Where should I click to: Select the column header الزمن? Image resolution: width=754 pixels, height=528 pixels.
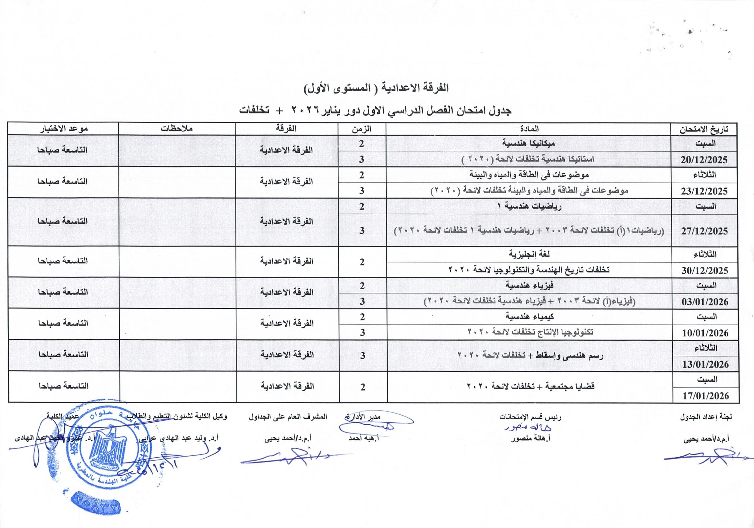[x=362, y=129]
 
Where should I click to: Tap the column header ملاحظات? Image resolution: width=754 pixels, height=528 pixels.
[x=176, y=129]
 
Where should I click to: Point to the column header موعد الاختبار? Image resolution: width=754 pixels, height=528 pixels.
[x=63, y=129]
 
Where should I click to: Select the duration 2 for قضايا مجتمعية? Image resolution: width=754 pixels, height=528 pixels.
[x=363, y=387]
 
